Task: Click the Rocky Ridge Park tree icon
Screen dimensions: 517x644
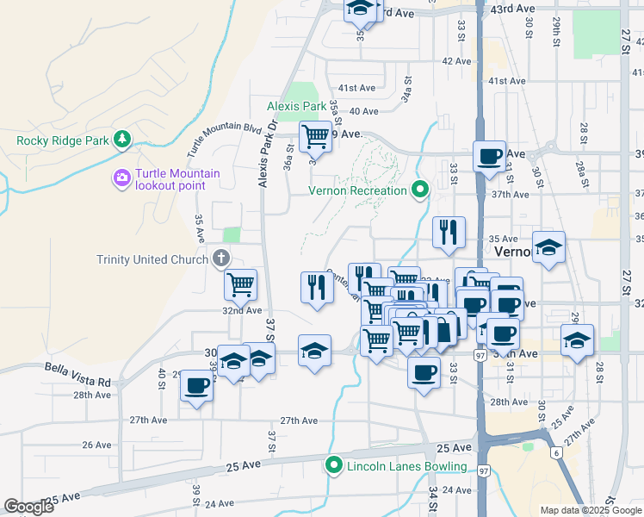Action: pyautogui.click(x=122, y=140)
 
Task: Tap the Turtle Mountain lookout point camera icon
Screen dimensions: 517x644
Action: pyautogui.click(x=121, y=178)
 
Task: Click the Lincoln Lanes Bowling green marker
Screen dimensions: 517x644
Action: pyautogui.click(x=334, y=467)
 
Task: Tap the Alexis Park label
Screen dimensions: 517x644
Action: pyautogui.click(x=295, y=106)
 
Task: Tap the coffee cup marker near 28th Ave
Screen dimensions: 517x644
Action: pyautogui.click(x=196, y=385)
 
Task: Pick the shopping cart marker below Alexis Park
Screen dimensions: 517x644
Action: pyautogui.click(x=315, y=134)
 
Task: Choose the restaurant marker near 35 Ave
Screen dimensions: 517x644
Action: pyautogui.click(x=449, y=231)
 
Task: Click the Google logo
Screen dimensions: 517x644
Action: pyautogui.click(x=28, y=507)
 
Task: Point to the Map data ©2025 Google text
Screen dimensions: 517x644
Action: pyautogui.click(x=590, y=509)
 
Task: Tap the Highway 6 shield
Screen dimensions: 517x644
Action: pyautogui.click(x=557, y=453)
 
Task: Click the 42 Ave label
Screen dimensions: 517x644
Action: pyautogui.click(x=456, y=61)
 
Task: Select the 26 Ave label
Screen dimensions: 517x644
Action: pyautogui.click(x=96, y=445)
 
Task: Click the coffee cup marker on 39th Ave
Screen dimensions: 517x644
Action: pyautogui.click(x=489, y=156)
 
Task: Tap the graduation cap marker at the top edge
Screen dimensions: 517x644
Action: pyautogui.click(x=362, y=9)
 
